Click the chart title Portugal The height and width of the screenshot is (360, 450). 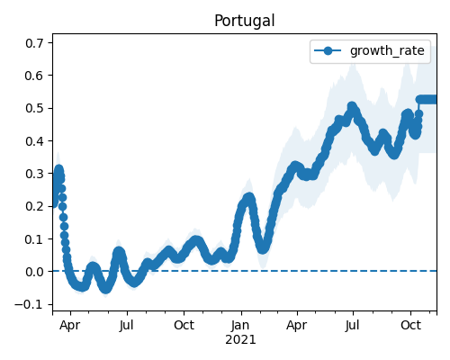pyautogui.click(x=245, y=21)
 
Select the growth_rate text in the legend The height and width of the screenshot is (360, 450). pyautogui.click(x=387, y=50)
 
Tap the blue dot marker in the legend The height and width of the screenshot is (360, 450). pyautogui.click(x=328, y=50)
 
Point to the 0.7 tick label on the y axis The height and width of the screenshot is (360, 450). pyautogui.click(x=34, y=43)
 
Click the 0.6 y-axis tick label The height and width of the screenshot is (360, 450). pyautogui.click(x=34, y=76)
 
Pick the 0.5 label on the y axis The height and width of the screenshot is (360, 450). pyautogui.click(x=34, y=108)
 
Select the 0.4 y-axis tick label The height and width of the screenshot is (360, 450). pyautogui.click(x=34, y=141)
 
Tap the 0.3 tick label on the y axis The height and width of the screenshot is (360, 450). pyautogui.click(x=34, y=174)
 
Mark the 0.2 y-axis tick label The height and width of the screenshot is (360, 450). pyautogui.click(x=34, y=206)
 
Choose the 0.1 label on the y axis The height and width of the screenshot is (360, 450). pyautogui.click(x=34, y=239)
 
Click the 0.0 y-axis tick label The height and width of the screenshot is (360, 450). pyautogui.click(x=34, y=272)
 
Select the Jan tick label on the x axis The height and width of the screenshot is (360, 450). pyautogui.click(x=240, y=325)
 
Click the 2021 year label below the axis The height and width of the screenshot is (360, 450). pyautogui.click(x=240, y=340)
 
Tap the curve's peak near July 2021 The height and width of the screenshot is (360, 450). pyautogui.click(x=352, y=106)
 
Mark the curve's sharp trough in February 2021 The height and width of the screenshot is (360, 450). pyautogui.click(x=263, y=249)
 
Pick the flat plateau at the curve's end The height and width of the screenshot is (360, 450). pyautogui.click(x=427, y=99)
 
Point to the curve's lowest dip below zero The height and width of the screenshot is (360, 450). pyautogui.click(x=106, y=289)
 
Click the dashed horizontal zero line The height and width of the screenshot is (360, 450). pyautogui.click(x=245, y=271)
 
